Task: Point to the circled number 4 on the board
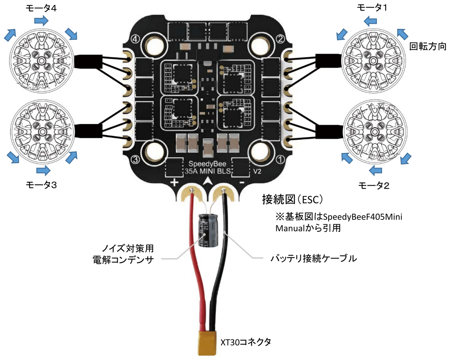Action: [x=136, y=39]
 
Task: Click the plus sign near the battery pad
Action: [x=174, y=183]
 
